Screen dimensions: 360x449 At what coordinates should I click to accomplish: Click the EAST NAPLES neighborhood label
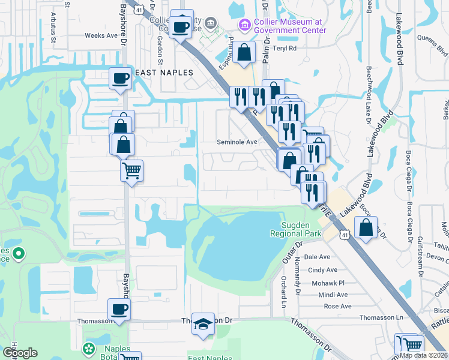[x=164, y=73]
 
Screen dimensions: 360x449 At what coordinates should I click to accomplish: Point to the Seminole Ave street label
[x=237, y=142]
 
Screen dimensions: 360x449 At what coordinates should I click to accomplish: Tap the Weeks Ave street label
[x=101, y=36]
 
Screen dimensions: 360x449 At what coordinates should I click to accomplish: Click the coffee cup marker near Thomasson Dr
[x=119, y=310]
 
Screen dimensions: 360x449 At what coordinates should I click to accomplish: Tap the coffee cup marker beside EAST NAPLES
[x=120, y=77]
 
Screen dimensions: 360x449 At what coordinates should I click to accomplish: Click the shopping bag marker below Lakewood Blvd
[x=366, y=227]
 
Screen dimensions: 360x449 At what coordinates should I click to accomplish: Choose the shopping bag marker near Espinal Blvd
[x=244, y=52]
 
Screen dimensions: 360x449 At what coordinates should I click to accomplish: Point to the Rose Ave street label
[x=337, y=306]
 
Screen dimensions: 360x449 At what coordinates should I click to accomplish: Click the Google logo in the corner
[x=20, y=353]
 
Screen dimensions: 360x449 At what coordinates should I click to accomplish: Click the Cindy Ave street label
[x=322, y=270]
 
